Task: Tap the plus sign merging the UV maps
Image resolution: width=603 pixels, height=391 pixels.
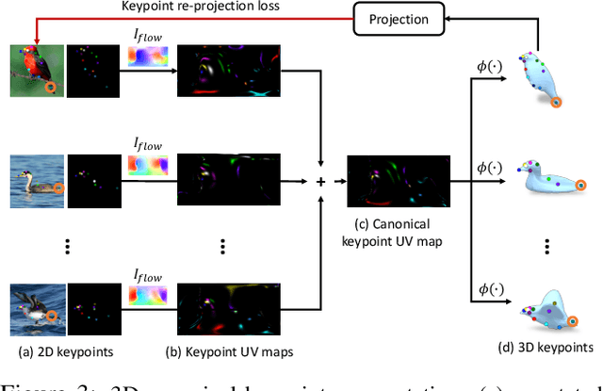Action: [x=319, y=183]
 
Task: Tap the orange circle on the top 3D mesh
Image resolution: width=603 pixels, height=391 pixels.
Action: [x=557, y=102]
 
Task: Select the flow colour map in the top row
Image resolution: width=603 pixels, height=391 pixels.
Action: [x=147, y=58]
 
